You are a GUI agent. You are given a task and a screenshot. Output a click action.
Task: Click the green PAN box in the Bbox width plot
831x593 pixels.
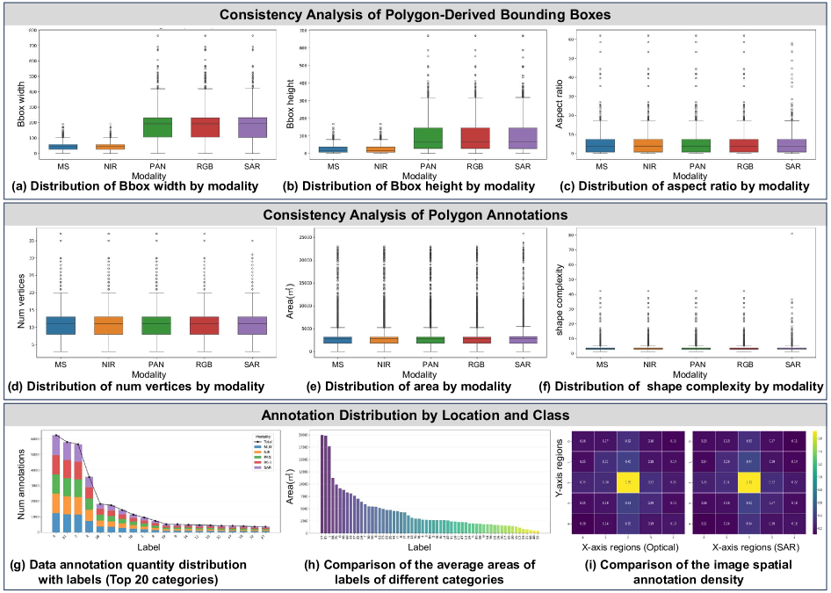click(x=159, y=127)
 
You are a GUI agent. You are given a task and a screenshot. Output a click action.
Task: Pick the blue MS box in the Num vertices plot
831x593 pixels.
click(x=60, y=324)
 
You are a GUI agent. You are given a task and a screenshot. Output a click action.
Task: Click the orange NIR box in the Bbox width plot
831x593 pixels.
click(x=111, y=146)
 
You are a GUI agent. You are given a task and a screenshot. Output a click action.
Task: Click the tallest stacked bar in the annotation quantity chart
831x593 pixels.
click(x=58, y=484)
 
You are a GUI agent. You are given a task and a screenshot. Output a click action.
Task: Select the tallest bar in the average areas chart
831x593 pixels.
click(x=322, y=484)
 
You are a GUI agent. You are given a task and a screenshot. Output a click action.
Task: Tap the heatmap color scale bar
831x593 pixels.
click(x=814, y=482)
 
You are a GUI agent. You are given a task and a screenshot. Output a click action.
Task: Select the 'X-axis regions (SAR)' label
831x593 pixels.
click(x=747, y=546)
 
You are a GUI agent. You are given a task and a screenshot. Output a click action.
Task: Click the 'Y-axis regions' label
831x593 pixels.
click(x=559, y=481)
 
